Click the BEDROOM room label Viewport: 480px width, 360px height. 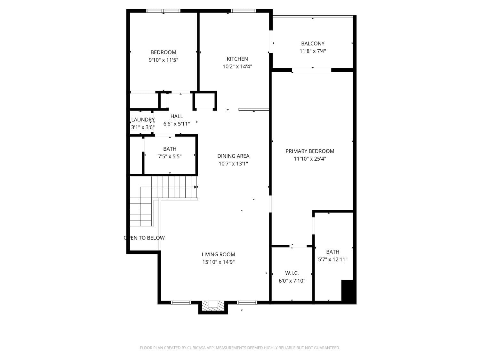pos(163,52)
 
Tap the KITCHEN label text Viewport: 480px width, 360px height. pos(237,59)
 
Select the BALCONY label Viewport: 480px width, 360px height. pos(313,44)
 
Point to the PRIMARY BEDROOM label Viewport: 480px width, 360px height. pos(310,151)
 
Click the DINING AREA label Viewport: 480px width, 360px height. pos(233,156)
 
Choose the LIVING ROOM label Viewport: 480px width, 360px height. pos(218,254)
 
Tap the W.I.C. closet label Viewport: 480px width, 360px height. pos(292,273)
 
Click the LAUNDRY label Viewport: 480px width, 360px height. pos(143,120)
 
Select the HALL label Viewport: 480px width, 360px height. pos(177,116)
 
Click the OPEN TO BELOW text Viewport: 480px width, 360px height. pos(144,238)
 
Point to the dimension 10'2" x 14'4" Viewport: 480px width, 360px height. pos(237,67)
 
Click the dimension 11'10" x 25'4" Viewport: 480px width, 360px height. pos(310,159)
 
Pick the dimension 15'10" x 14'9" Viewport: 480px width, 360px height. pos(218,262)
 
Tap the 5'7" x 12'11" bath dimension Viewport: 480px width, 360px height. pos(332,260)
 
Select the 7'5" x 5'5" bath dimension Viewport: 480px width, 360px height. pos(170,156)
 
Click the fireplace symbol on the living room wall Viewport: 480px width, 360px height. pos(213,305)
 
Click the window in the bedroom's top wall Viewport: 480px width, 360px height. pos(163,11)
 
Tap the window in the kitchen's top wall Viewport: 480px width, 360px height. pos(244,11)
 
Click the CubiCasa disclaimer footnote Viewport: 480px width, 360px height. pos(240,348)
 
